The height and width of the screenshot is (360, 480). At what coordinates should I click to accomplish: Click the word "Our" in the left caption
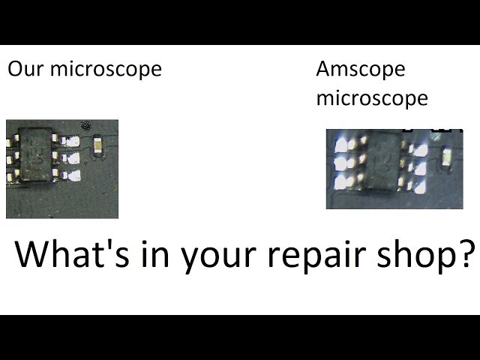pyautogui.click(x=25, y=68)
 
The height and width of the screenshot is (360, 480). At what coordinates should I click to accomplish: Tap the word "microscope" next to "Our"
pyautogui.click(x=106, y=68)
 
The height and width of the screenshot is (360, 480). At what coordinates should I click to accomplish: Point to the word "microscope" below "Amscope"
pyautogui.click(x=372, y=99)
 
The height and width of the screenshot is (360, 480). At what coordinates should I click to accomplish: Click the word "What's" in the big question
pyautogui.click(x=72, y=254)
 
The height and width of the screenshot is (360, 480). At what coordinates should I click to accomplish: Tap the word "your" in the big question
pyautogui.click(x=218, y=258)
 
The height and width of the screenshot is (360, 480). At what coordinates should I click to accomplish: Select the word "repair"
pyautogui.click(x=316, y=257)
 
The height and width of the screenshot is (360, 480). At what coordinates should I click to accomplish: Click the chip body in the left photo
pyautogui.click(x=35, y=154)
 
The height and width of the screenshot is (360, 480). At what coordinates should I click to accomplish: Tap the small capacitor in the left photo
pyautogui.click(x=98, y=145)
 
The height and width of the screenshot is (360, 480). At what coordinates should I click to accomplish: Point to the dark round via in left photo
pyautogui.click(x=85, y=125)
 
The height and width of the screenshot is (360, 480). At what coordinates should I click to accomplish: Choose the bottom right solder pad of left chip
pyautogui.click(x=74, y=175)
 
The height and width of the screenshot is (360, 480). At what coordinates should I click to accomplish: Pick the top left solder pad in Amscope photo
pyautogui.click(x=340, y=145)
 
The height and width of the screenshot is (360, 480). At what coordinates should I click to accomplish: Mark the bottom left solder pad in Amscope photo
pyautogui.click(x=340, y=183)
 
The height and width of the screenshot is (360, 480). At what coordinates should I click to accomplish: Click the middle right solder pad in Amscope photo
pyautogui.click(x=421, y=169)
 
